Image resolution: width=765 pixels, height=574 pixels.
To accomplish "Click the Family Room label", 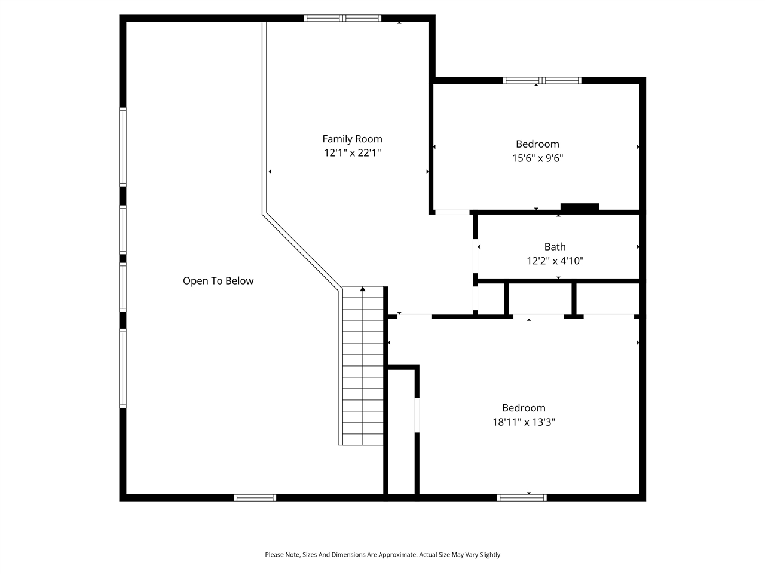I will tap(352, 139).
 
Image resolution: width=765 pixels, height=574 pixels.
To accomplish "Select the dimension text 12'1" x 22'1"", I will tap(352, 153).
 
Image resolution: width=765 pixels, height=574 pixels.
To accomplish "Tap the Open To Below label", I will tap(218, 281).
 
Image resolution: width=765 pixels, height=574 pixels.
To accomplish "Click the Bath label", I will tap(555, 246).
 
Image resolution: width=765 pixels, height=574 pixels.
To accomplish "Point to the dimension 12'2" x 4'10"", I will tap(555, 261).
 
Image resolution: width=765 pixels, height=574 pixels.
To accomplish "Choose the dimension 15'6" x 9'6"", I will tap(537, 158).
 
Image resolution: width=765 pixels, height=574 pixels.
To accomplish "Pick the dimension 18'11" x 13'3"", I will tap(524, 422).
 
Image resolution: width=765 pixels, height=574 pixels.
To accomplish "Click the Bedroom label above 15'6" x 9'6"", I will tap(537, 144).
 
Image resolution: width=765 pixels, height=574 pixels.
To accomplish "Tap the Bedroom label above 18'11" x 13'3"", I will tap(524, 408).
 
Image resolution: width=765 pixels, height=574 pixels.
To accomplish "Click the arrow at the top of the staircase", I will tap(363, 290).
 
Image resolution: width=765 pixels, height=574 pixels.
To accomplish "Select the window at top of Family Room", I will tap(342, 18).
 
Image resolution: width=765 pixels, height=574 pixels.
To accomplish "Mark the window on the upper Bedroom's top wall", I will tap(542, 80).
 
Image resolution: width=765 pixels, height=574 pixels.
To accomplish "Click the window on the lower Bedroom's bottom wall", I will tap(522, 497).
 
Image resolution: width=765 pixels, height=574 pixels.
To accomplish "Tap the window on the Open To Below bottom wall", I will tap(255, 497).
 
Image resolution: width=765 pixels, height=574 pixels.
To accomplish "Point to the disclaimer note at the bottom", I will tap(382, 555).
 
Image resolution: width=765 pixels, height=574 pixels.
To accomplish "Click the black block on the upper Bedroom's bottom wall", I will tap(579, 207).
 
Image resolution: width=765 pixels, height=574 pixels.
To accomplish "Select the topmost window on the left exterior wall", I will tap(123, 146).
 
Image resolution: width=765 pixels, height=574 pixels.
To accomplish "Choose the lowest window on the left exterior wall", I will tap(123, 368).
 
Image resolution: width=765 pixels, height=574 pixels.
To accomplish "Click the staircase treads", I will tap(363, 371).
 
